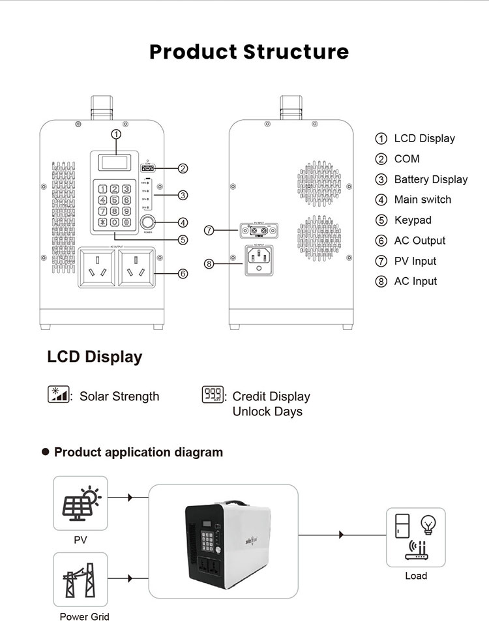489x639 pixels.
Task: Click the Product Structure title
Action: (x=248, y=52)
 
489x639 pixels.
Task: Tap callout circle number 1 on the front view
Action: (x=116, y=134)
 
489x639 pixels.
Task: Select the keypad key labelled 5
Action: (x=115, y=200)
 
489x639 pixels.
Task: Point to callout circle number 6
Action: (x=183, y=273)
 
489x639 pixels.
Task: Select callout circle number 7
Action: (x=209, y=230)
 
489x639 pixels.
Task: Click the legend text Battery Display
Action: (x=430, y=179)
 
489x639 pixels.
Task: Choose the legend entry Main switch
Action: (x=422, y=200)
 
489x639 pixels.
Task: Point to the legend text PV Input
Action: (x=415, y=261)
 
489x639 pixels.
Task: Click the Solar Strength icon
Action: (x=58, y=394)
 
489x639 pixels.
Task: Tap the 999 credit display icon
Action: (x=213, y=394)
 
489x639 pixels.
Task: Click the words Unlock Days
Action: (x=267, y=411)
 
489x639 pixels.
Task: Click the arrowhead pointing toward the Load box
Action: (x=341, y=535)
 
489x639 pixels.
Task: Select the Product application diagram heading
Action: (x=138, y=452)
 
